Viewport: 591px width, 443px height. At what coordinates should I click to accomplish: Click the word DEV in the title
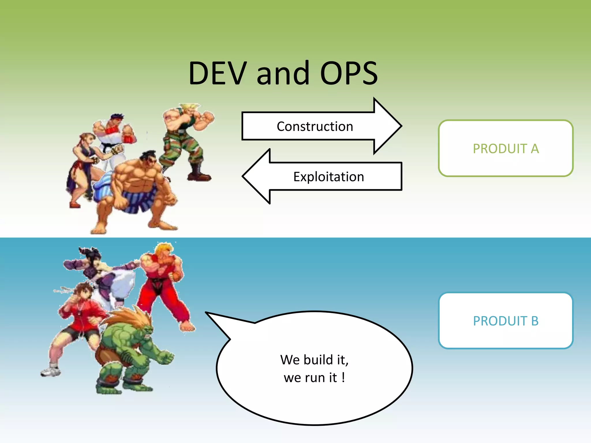coord(218,74)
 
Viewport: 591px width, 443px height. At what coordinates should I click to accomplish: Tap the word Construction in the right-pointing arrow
coord(315,127)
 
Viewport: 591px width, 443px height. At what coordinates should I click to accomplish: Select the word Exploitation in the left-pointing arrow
coord(329,177)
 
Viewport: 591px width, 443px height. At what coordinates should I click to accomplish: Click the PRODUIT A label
coord(506,149)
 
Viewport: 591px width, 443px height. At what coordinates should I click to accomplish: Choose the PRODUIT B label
coord(506,321)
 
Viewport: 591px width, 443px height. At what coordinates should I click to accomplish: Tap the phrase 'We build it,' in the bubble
coord(314,360)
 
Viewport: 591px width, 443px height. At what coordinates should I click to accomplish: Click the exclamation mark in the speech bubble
coord(343,378)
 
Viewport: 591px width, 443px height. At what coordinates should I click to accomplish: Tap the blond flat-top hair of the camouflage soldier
coord(189,106)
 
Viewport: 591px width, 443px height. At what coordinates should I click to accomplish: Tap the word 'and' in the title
coord(283,74)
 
